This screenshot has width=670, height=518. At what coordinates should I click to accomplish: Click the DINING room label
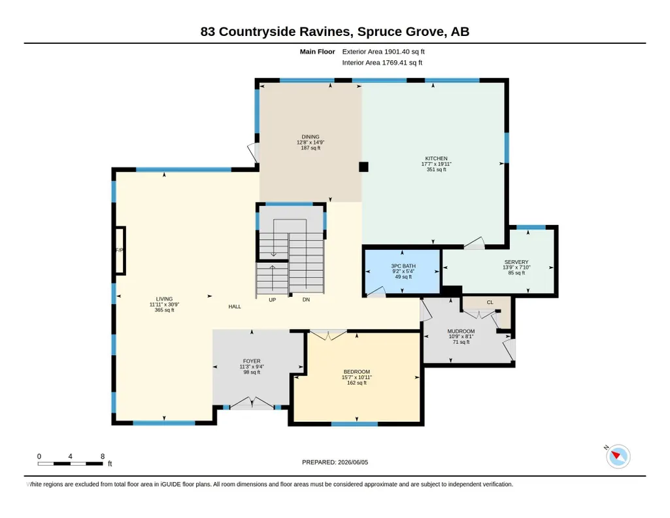pos(310,137)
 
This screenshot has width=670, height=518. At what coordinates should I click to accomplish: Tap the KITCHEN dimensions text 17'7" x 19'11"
pos(436,164)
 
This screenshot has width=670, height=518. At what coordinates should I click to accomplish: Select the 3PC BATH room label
pos(403,266)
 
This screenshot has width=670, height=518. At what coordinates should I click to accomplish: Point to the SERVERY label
pos(516,262)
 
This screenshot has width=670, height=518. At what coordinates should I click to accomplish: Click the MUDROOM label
pos(461,331)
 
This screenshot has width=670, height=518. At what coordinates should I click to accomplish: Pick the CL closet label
pos(490,302)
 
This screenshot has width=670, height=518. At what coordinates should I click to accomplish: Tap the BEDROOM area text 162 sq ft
pos(357,383)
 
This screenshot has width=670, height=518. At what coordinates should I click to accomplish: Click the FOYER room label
pos(252,361)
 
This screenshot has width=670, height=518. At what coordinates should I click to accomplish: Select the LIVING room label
pos(164,299)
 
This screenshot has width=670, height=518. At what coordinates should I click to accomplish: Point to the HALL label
pos(235,307)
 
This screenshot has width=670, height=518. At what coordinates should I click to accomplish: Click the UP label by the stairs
pos(272,300)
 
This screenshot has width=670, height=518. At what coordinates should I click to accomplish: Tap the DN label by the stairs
pos(306,300)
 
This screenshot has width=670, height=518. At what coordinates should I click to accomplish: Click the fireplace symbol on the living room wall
pos(120,250)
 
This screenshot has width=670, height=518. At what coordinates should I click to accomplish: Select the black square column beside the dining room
pos(363,167)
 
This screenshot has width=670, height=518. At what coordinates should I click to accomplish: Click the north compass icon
pos(618,457)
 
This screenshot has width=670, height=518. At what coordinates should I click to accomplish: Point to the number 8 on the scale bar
pos(103,457)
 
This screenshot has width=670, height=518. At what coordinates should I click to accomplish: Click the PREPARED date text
pos(335,462)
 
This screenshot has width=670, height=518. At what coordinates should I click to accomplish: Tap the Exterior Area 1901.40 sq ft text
pos(383,52)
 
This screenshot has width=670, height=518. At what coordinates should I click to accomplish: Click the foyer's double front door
pos(252,404)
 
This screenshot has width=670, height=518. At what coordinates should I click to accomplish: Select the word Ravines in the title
pos(326,31)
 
